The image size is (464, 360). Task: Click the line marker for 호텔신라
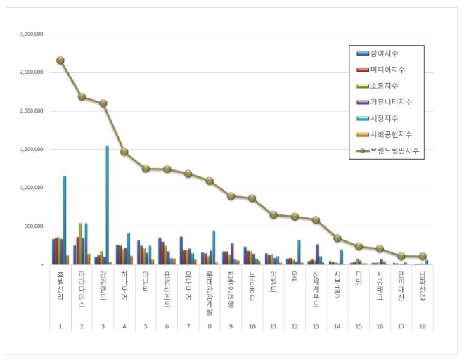coord(60,60)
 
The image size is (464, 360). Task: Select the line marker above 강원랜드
coord(103,103)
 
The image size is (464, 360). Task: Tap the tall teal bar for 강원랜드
coord(107,204)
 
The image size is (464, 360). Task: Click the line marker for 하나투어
coord(124,152)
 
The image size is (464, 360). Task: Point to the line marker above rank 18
coord(422,256)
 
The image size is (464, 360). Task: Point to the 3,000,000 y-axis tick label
coord(32,34)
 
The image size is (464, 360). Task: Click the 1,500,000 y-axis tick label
coord(32,149)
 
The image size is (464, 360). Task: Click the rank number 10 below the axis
coord(252,326)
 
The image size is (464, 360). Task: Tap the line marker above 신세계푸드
coord(316,220)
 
